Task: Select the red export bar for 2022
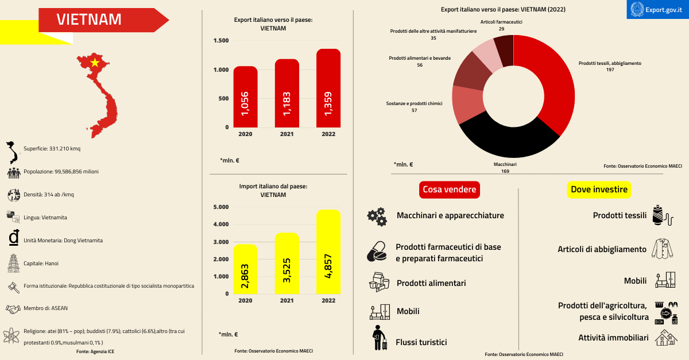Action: pyautogui.click(x=328, y=89)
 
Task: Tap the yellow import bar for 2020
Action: pyautogui.click(x=246, y=269)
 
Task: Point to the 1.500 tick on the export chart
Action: pyautogui.click(x=221, y=41)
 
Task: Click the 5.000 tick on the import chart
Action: pyautogui.click(x=221, y=207)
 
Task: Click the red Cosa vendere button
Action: pyautogui.click(x=449, y=189)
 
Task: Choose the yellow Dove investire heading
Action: pyautogui.click(x=599, y=189)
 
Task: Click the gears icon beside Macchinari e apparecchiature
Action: pyautogui.click(x=377, y=216)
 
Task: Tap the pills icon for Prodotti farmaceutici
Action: pyautogui.click(x=377, y=252)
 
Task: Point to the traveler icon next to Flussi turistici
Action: pyautogui.click(x=378, y=338)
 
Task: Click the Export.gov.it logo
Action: pyautogui.click(x=658, y=9)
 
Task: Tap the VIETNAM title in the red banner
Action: pyautogui.click(x=89, y=20)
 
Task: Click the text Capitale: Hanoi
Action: pyautogui.click(x=41, y=264)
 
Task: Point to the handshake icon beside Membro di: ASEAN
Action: pyautogui.click(x=13, y=308)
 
